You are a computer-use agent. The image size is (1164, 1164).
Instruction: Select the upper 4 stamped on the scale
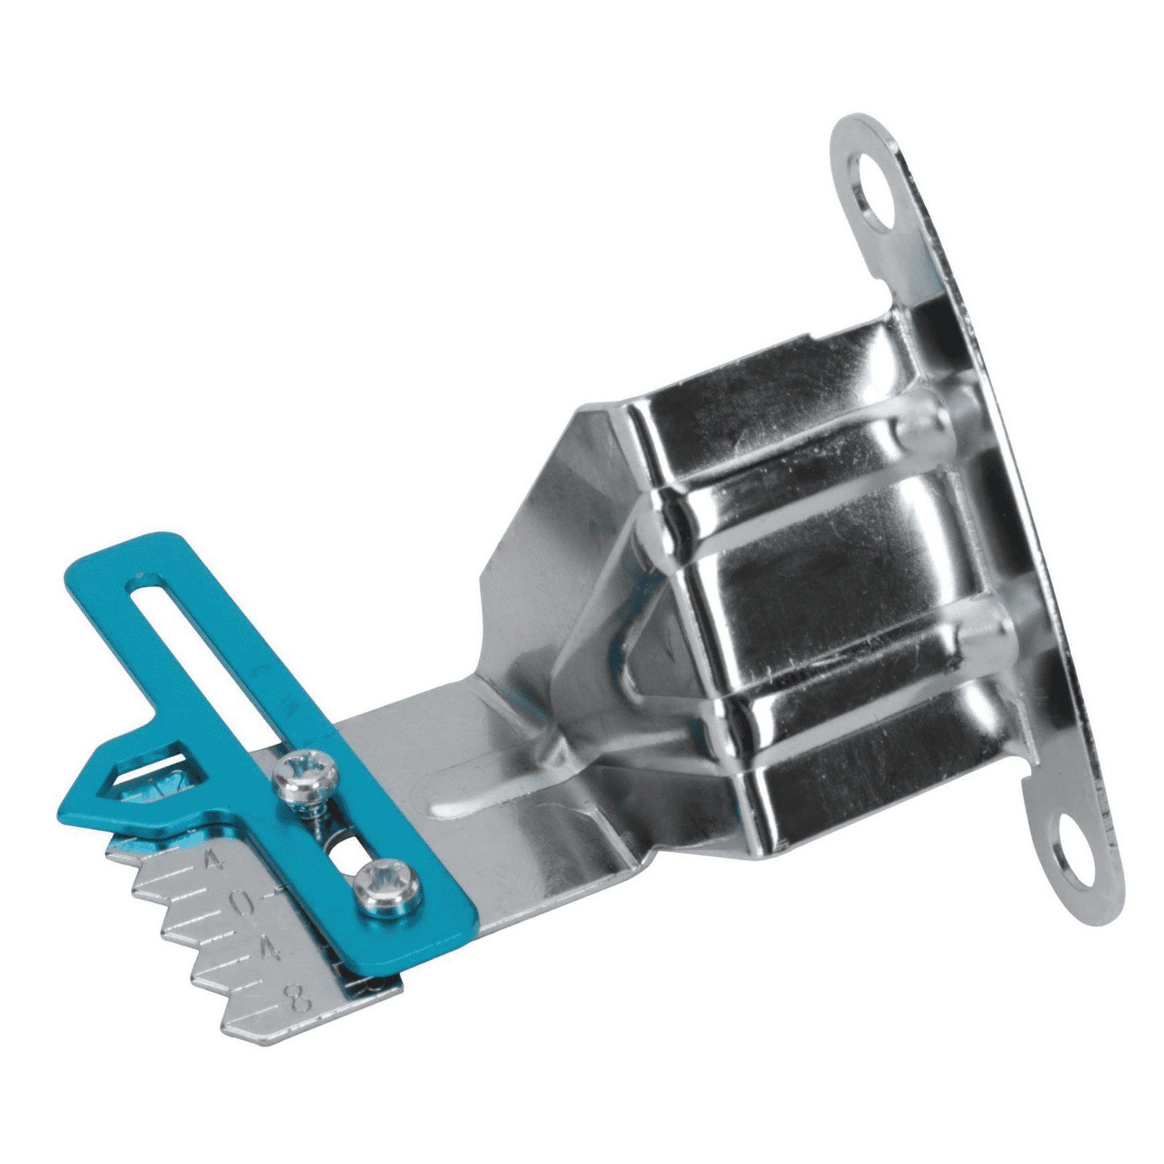[x=215, y=859]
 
